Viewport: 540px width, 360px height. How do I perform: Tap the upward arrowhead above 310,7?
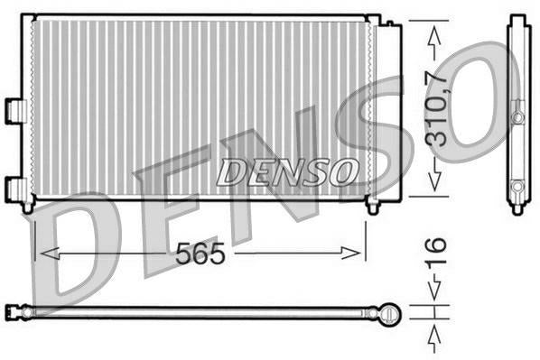click(435, 33)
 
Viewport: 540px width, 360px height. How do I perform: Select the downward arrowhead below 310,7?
click(435, 180)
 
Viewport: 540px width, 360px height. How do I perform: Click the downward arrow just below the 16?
click(435, 294)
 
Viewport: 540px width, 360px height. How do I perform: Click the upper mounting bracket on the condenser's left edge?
click(15, 109)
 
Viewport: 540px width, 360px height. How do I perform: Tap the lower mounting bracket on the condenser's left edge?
click(15, 189)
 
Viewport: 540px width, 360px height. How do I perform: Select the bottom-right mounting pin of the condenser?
click(372, 207)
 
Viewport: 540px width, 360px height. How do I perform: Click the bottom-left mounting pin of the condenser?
click(29, 207)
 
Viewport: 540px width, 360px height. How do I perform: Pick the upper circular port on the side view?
click(517, 117)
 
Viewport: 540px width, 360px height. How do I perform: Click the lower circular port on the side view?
click(517, 187)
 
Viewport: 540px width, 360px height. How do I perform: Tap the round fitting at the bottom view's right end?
click(389, 313)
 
